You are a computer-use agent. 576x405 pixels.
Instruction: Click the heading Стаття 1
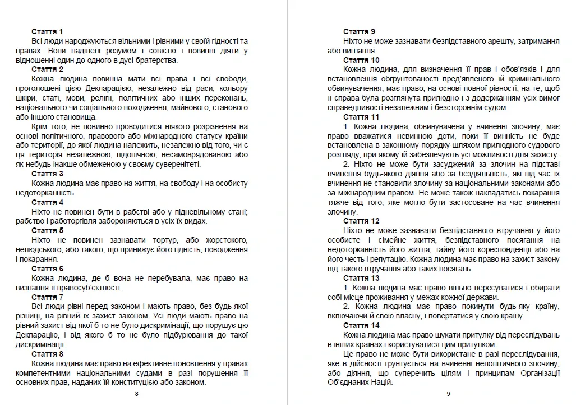pos(47,31)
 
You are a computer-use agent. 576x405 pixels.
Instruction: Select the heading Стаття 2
pos(47,70)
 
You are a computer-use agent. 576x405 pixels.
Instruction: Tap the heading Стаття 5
pos(47,230)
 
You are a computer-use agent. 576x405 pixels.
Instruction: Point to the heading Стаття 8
pos(47,354)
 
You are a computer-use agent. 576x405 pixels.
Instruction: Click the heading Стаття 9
pos(360,31)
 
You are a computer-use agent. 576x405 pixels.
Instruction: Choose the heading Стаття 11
pos(361,117)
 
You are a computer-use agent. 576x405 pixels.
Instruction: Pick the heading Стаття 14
pos(361,325)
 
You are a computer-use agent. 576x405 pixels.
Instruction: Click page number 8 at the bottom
pos(137,394)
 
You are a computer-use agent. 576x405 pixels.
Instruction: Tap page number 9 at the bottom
pos(448,394)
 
